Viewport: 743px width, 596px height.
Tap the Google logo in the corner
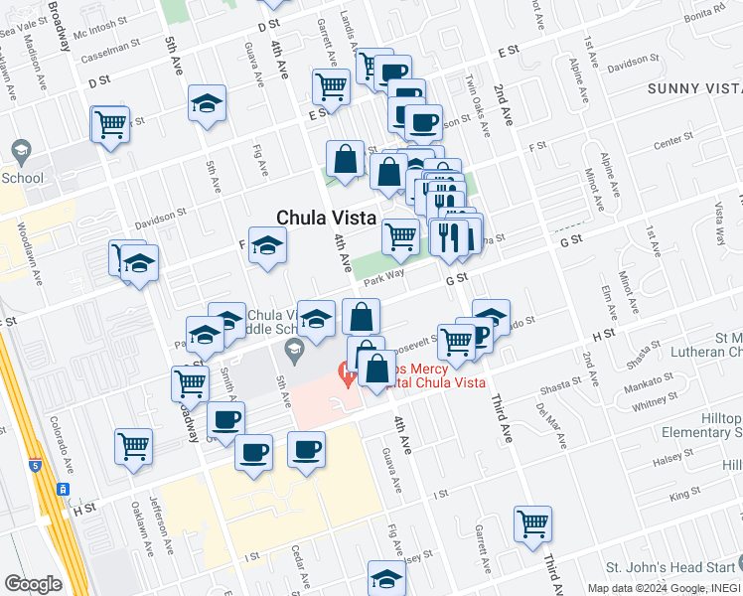tap(33, 583)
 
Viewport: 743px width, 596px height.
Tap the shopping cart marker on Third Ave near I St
tap(533, 522)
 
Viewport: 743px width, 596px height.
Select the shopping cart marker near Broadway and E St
tap(109, 125)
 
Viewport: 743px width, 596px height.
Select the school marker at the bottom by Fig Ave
tap(386, 578)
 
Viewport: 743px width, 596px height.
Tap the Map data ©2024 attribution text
tap(627, 588)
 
